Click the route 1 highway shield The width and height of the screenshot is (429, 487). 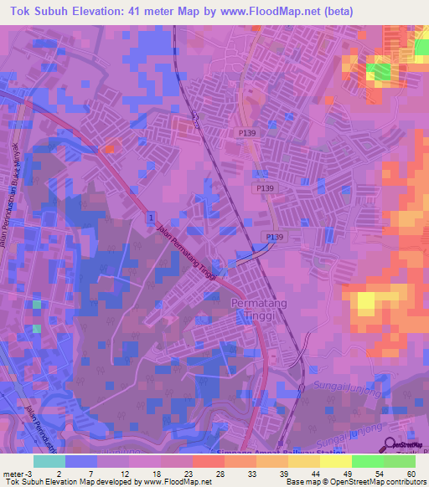(150, 218)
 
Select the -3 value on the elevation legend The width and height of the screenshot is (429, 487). (23, 473)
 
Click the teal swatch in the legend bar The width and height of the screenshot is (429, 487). (49, 461)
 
